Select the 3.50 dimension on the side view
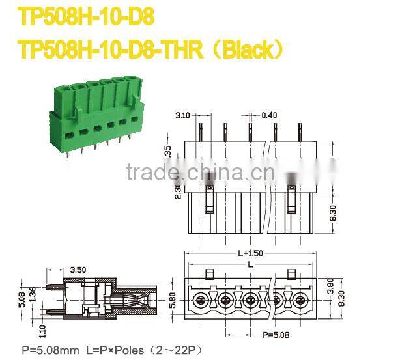78,269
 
